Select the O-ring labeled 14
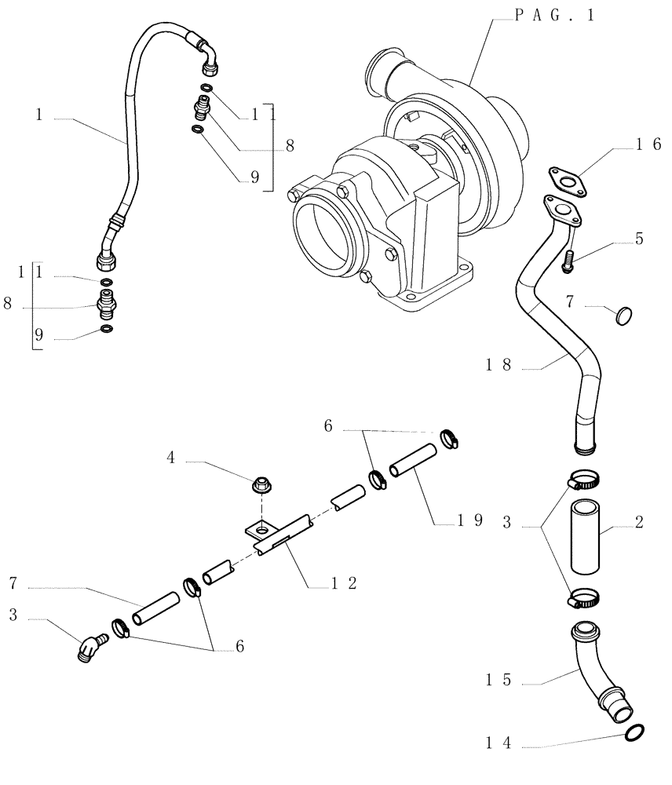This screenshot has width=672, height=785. [x=636, y=733]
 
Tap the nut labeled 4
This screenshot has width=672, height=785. [x=258, y=485]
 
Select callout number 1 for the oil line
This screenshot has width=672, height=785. [x=38, y=115]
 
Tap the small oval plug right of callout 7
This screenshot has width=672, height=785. [x=624, y=316]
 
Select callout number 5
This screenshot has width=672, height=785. [x=639, y=238]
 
